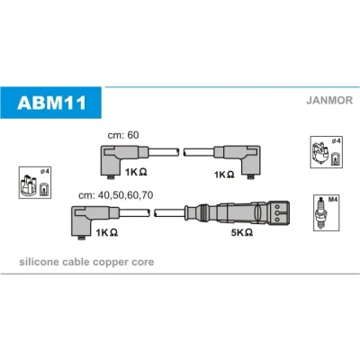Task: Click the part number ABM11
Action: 51,103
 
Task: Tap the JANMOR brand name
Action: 329,100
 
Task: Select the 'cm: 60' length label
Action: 123,135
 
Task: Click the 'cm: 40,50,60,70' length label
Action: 115,195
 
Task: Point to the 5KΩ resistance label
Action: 242,232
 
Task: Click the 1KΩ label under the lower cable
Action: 106,232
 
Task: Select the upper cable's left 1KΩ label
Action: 136,172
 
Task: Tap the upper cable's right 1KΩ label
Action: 224,175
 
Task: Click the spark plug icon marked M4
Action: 321,212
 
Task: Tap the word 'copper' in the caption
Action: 111,263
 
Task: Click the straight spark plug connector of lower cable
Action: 237,212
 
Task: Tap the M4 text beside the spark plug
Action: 333,199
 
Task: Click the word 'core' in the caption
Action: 142,263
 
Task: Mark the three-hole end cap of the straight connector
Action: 280,212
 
